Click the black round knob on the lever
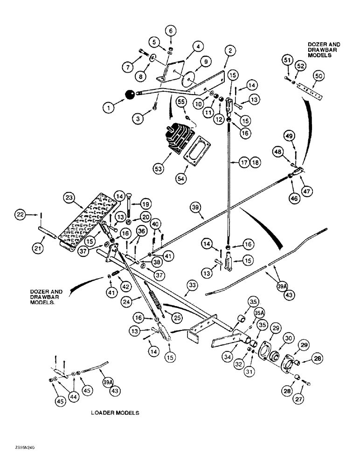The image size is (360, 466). click(130, 96)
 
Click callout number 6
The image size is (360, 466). click(171, 31)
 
